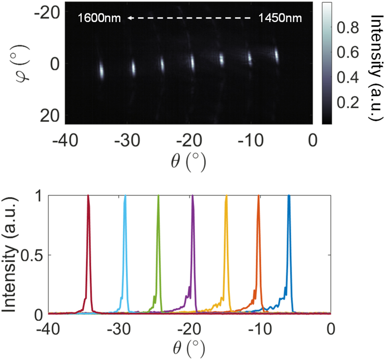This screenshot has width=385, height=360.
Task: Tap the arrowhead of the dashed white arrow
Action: tap(129, 18)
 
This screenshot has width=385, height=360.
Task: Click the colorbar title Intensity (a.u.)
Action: tap(375, 66)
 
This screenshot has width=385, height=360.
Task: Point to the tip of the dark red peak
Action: tap(88, 196)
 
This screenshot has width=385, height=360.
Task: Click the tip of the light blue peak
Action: tap(125, 196)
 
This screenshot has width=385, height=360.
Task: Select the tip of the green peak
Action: tap(158, 196)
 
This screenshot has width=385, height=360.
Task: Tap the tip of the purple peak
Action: tap(193, 196)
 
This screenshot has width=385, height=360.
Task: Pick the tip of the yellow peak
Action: tap(226, 196)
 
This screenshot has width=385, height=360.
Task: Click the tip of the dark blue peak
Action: tap(289, 196)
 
